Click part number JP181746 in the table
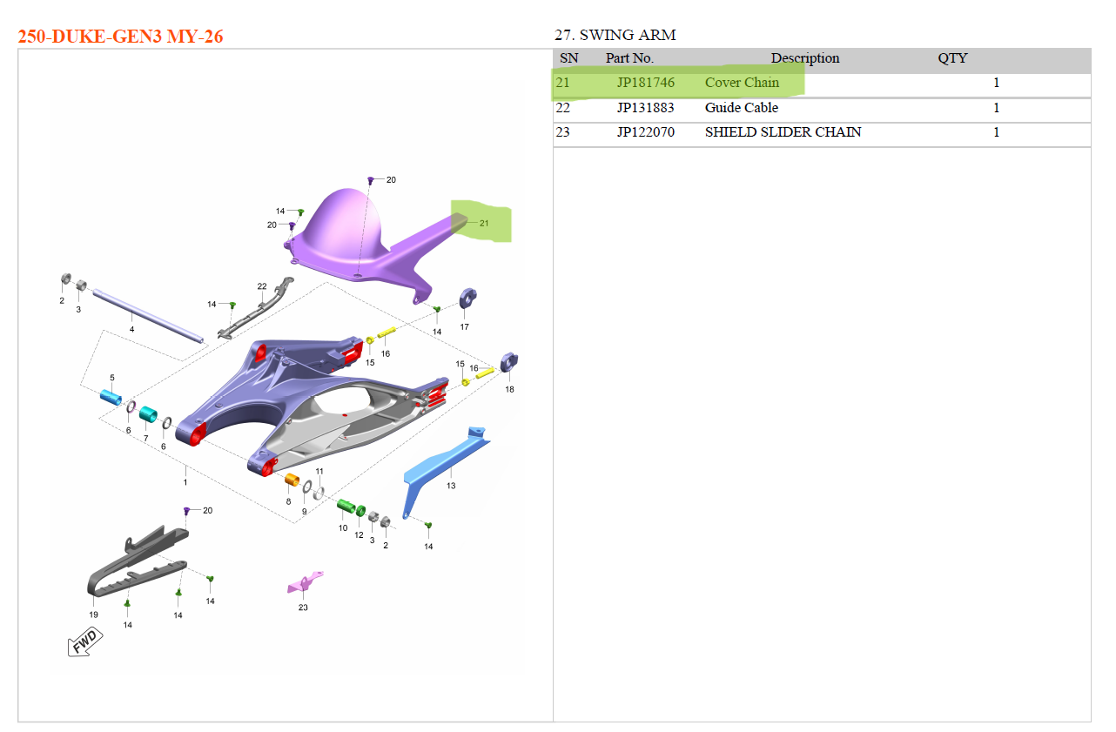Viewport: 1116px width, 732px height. (646, 83)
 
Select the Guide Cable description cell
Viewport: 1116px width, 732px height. (742, 108)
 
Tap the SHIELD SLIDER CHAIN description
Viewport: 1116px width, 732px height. (783, 132)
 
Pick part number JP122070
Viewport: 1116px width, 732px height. (646, 132)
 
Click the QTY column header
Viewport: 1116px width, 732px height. (952, 58)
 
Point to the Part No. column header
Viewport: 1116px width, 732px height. (629, 58)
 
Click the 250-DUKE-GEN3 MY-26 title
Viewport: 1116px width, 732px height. (121, 37)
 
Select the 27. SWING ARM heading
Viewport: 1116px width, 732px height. (615, 35)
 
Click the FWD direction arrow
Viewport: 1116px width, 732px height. (85, 642)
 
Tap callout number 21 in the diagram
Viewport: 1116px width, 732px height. (484, 223)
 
